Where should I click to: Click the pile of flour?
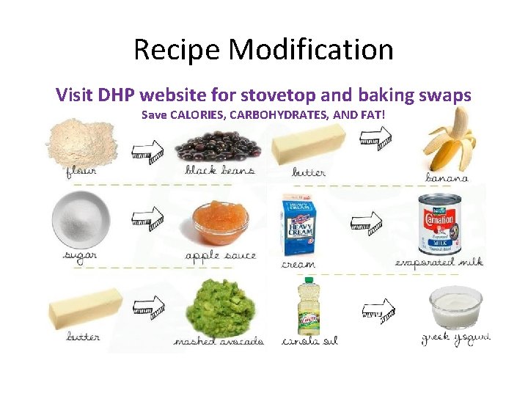tap(81, 142)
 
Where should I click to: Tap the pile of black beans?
tap(219, 146)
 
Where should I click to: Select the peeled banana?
tap(449, 142)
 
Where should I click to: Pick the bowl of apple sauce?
tap(220, 221)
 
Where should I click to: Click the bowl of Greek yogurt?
tap(455, 307)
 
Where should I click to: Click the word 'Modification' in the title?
tap(311, 50)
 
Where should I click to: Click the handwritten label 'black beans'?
tap(220, 171)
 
